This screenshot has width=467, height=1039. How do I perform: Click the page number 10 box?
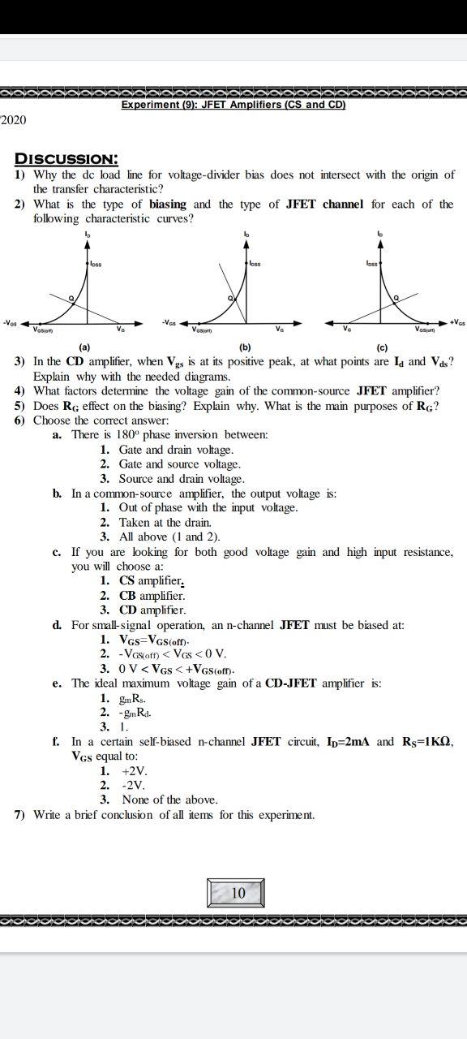[x=238, y=893]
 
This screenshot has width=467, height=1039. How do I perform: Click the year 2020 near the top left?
[x=14, y=120]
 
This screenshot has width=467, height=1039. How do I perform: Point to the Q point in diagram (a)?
[x=71, y=299]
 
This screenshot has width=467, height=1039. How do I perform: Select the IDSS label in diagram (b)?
[x=255, y=263]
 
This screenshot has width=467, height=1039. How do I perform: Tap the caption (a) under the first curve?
[x=84, y=347]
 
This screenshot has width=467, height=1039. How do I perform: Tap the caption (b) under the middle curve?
[x=245, y=347]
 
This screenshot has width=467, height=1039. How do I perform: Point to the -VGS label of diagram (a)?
[x=12, y=322]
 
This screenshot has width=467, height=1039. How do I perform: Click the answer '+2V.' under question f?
[x=135, y=771]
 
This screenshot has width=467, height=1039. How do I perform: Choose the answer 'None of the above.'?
[x=170, y=800]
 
